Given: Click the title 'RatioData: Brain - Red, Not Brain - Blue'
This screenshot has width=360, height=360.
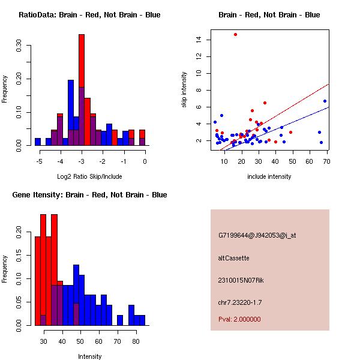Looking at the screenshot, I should [x=89, y=15].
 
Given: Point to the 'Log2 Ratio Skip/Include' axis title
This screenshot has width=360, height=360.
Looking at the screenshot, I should [x=89, y=176].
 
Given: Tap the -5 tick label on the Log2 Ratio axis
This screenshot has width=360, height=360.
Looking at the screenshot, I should [x=39, y=161].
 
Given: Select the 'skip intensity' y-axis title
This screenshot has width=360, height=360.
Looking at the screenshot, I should [x=185, y=90].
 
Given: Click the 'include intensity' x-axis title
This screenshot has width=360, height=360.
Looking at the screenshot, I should [x=269, y=176].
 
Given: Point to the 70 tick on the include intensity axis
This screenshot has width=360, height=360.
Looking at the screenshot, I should [x=326, y=161].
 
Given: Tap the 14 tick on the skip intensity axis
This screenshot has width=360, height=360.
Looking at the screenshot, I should [x=199, y=40].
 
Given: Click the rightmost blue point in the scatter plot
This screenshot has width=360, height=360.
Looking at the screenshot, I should [x=325, y=101].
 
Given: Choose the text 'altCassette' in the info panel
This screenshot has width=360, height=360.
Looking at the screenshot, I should [x=233, y=258].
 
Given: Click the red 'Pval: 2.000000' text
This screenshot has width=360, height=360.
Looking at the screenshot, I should [x=239, y=319].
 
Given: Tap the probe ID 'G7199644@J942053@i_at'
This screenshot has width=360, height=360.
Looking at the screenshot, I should [x=257, y=235].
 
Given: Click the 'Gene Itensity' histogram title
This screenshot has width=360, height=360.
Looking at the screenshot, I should [x=89, y=195].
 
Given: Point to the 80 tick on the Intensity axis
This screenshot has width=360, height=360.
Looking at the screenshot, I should [x=136, y=341].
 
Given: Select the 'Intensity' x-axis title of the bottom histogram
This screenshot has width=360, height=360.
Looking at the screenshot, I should [x=89, y=356].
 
